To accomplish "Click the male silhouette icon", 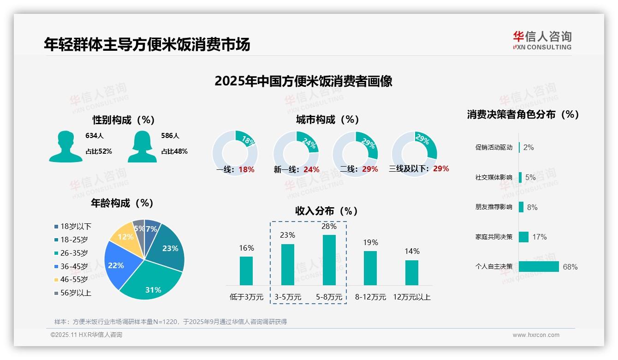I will click(x=65, y=146).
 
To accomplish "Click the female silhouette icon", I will click(x=142, y=146).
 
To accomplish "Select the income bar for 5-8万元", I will click(x=329, y=260).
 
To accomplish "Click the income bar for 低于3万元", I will click(x=246, y=270).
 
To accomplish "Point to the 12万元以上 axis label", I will click(x=411, y=297).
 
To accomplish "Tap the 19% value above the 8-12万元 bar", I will click(x=370, y=242).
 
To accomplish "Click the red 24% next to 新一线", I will click(x=311, y=169).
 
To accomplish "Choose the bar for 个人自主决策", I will click(x=539, y=266).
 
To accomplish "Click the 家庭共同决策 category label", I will click(x=493, y=237).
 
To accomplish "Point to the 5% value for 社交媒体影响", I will click(x=530, y=177).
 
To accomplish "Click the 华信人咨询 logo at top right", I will click(x=542, y=40).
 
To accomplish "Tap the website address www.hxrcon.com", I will click(x=536, y=335).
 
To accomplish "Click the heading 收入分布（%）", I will click(x=327, y=211).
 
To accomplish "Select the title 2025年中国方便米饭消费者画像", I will click(x=303, y=81).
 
